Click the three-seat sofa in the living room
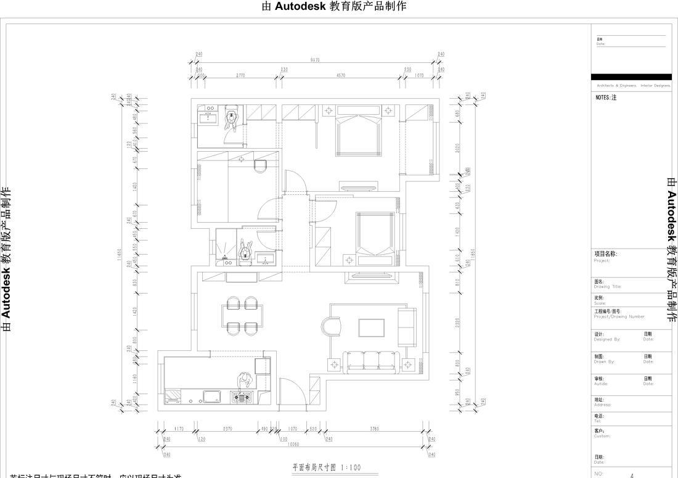[x=372, y=362]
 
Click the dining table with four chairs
[x=242, y=315]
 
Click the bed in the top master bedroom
[x=357, y=134]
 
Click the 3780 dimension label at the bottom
[x=375, y=429]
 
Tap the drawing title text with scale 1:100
[x=327, y=468]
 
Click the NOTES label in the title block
[x=606, y=97]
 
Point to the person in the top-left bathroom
[x=232, y=118]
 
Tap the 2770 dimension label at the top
[x=240, y=75]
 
